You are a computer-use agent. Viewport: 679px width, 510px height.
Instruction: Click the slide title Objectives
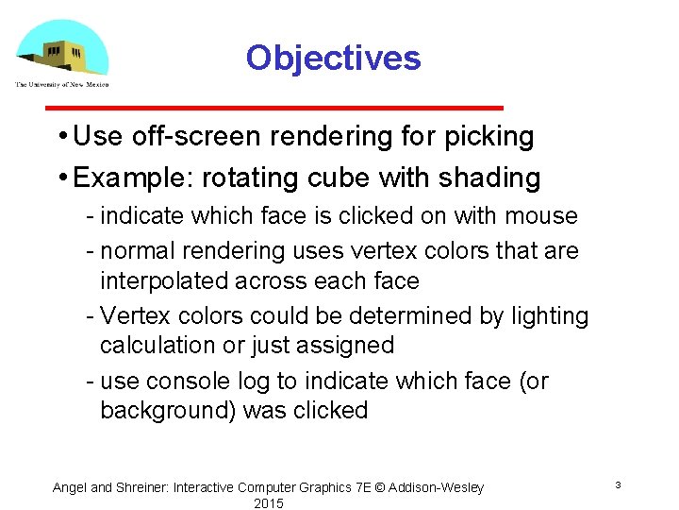(x=333, y=59)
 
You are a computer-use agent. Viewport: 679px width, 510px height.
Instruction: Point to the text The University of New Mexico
(x=62, y=85)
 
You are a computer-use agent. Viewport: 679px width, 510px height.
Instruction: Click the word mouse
(x=541, y=216)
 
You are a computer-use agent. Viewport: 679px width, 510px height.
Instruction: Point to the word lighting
(x=548, y=315)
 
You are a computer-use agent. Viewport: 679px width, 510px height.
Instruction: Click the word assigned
(x=345, y=345)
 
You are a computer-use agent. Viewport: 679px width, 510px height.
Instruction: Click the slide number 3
(x=618, y=485)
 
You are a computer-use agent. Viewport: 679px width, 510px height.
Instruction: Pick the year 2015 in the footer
(x=268, y=503)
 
